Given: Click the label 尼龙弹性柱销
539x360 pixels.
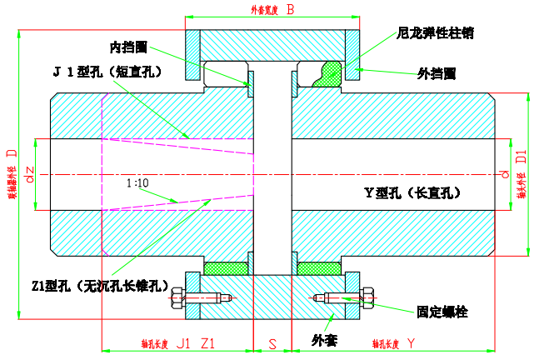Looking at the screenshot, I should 436,33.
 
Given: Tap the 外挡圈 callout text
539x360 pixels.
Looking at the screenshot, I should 436,72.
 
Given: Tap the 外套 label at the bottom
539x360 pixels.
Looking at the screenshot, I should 324,339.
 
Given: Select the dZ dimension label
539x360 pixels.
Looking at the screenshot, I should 30,176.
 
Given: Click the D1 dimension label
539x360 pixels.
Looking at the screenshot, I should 521,156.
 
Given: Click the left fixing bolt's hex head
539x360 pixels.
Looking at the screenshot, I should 176,297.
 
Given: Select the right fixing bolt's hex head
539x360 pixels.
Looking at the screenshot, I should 367,298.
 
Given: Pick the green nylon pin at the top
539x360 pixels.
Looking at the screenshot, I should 327,72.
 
